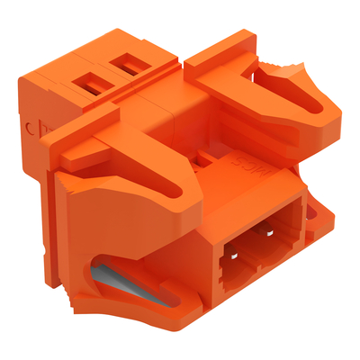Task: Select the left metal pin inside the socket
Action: pos(236,255)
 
